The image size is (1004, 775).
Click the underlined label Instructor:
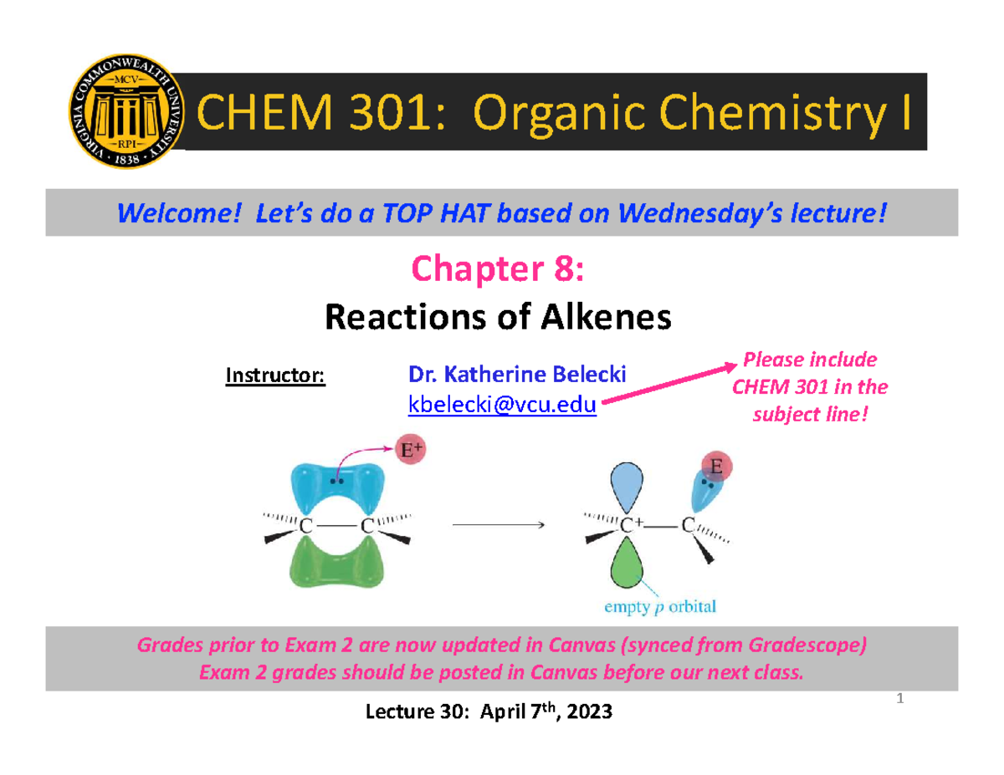pyautogui.click(x=275, y=375)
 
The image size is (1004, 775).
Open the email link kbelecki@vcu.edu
pyautogui.click(x=501, y=405)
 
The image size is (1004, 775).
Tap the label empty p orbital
pyautogui.click(x=666, y=607)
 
